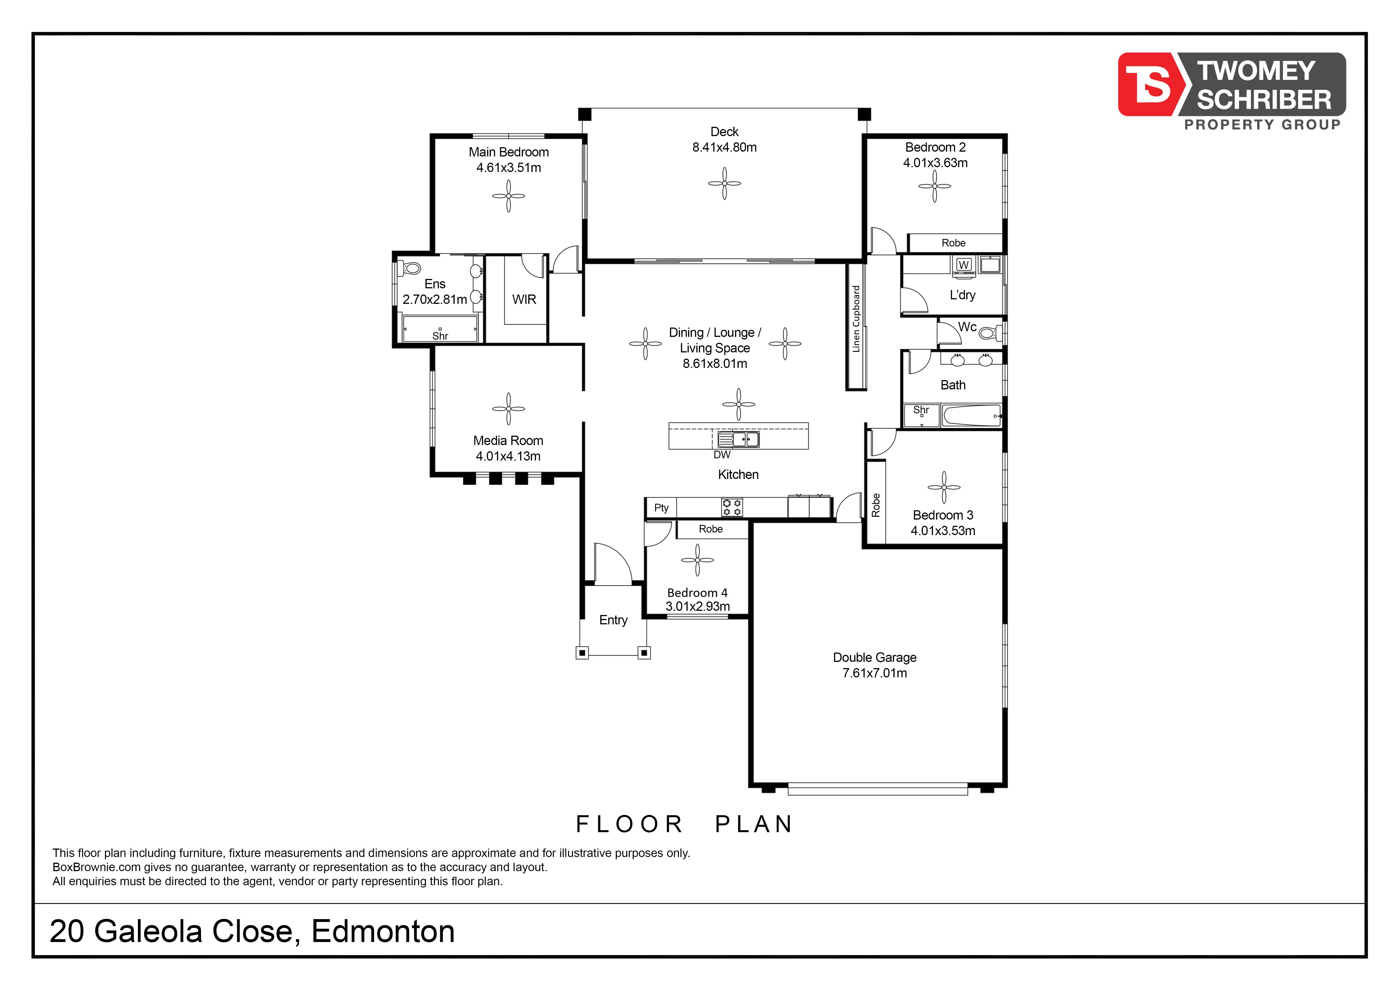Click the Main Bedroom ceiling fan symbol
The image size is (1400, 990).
509,196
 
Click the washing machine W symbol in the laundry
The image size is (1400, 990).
964,265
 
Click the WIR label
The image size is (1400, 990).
524,299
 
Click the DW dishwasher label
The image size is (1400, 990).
722,455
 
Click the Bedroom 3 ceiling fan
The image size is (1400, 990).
944,487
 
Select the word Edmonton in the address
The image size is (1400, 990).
383,932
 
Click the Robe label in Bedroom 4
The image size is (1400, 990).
711,529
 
